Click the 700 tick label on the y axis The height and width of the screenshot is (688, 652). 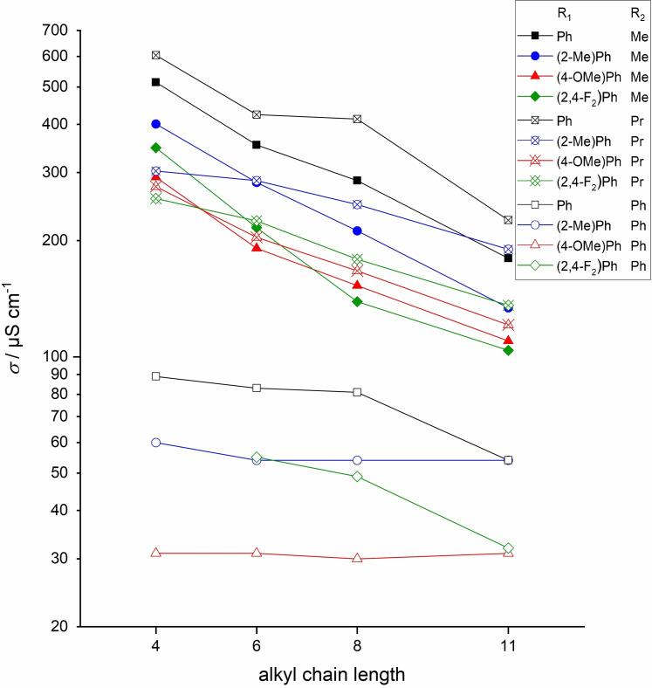pos(57,31)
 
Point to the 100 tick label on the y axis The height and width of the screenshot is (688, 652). pos(57,357)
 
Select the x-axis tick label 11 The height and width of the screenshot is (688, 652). pos(508,646)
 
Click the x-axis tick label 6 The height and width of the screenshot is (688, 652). pos(257,646)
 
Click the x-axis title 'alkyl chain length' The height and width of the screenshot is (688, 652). pos(332,674)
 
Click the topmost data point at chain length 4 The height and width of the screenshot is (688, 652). pos(155,55)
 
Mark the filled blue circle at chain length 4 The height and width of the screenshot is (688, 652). pos(155,124)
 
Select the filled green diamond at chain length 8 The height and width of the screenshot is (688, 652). pos(357,302)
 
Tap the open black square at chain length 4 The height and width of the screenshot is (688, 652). pos(155,376)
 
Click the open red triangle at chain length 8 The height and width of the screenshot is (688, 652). pos(357,558)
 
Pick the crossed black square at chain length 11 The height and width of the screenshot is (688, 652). pos(508,220)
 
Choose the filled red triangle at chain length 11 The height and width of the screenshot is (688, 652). pos(508,340)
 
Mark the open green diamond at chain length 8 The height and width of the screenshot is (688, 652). pos(357,477)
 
